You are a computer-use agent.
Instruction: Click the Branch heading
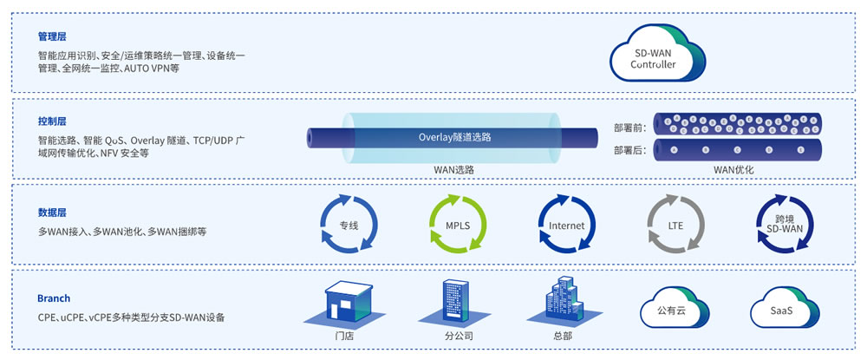click(54, 298)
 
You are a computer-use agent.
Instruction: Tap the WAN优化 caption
click(733, 170)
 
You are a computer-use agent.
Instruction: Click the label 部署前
click(629, 128)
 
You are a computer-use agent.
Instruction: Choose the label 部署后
click(629, 149)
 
